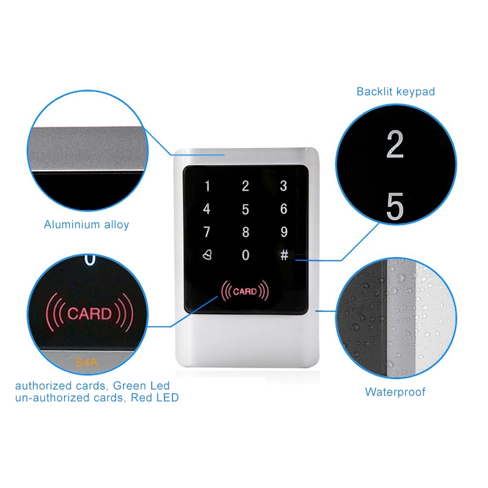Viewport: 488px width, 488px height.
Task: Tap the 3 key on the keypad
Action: (284, 186)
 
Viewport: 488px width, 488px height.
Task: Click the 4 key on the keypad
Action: (207, 210)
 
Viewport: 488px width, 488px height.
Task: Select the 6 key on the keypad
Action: (284, 210)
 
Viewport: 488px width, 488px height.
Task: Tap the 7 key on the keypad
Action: (207, 233)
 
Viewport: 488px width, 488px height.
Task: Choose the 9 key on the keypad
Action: (284, 233)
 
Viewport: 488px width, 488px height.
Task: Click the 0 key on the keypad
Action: (245, 255)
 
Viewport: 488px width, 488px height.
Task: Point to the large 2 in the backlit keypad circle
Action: (395, 145)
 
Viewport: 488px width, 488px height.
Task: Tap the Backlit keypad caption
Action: (395, 92)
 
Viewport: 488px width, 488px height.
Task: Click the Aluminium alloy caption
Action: (87, 225)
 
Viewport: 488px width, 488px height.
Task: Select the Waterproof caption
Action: (395, 392)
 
